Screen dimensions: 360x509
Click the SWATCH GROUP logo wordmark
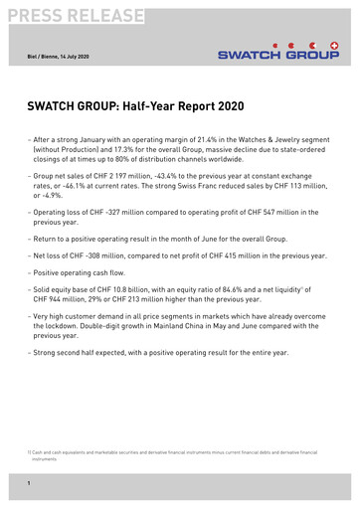pyautogui.click(x=278, y=57)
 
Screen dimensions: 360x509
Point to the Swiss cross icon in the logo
pyautogui.click(x=333, y=46)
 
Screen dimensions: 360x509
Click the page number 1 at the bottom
pyautogui.click(x=29, y=483)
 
